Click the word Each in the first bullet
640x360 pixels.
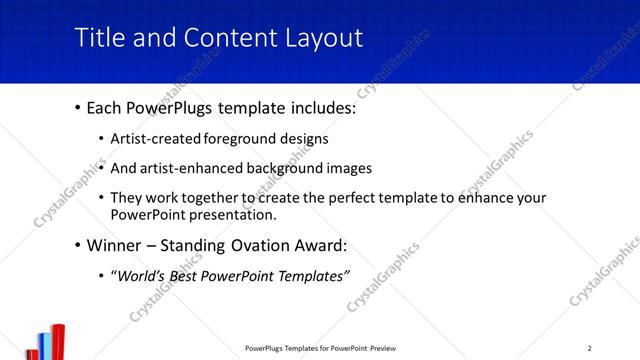[105, 107]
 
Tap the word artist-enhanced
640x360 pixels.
[193, 168]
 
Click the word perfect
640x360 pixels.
[345, 198]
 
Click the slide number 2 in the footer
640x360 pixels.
[589, 348]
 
